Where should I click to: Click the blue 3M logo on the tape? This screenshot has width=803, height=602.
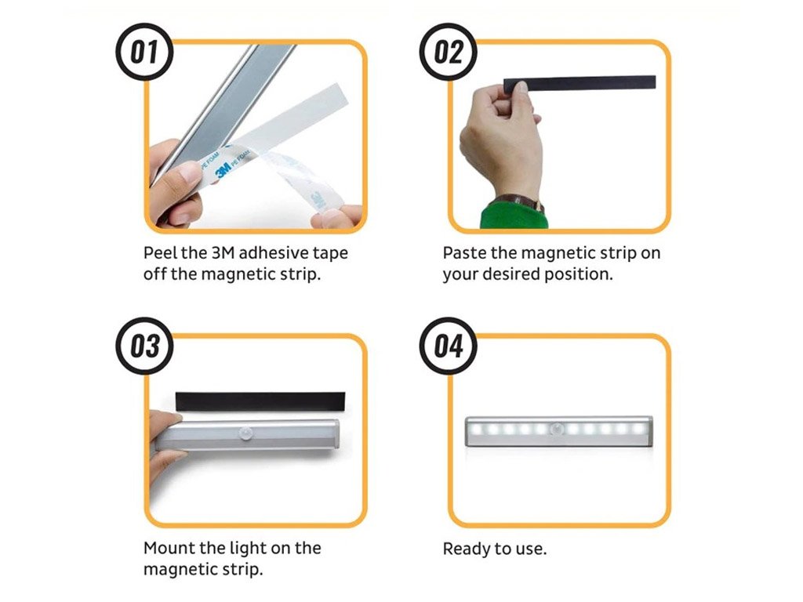(x=223, y=169)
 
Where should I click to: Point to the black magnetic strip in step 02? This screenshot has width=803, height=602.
(x=580, y=84)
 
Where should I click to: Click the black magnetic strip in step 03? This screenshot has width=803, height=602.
(x=260, y=401)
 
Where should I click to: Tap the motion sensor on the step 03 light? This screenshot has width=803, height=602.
(x=246, y=433)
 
